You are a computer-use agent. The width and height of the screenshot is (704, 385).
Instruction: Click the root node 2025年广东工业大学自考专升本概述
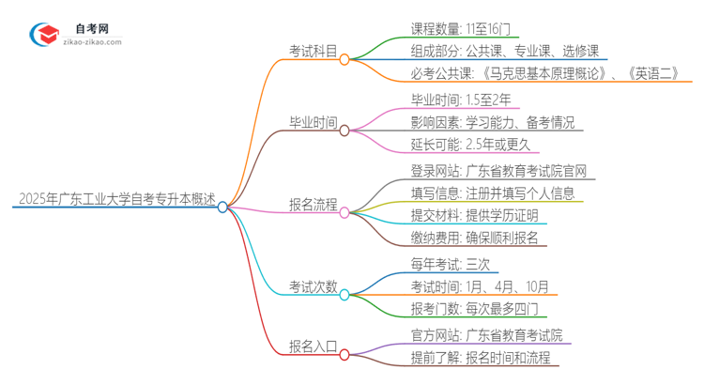pyautogui.click(x=115, y=200)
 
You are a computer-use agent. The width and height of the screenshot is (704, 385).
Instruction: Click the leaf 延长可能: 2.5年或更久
pyautogui.click(x=470, y=144)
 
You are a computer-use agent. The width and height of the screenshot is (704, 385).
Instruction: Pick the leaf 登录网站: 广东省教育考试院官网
pyautogui.click(x=503, y=170)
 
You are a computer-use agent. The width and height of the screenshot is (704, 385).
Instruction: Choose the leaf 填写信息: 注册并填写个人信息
pyautogui.click(x=497, y=192)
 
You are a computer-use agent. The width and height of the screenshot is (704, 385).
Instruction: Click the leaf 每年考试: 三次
pyautogui.click(x=450, y=265)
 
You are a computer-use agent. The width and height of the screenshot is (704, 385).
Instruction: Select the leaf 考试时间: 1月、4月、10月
pyautogui.click(x=479, y=286)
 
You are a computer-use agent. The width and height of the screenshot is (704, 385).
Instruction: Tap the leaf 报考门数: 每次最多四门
pyautogui.click(x=474, y=309)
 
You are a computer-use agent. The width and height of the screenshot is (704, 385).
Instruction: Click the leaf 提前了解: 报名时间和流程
pyautogui.click(x=484, y=358)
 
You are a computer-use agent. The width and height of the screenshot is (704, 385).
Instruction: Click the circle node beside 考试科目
pyautogui.click(x=344, y=59)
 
